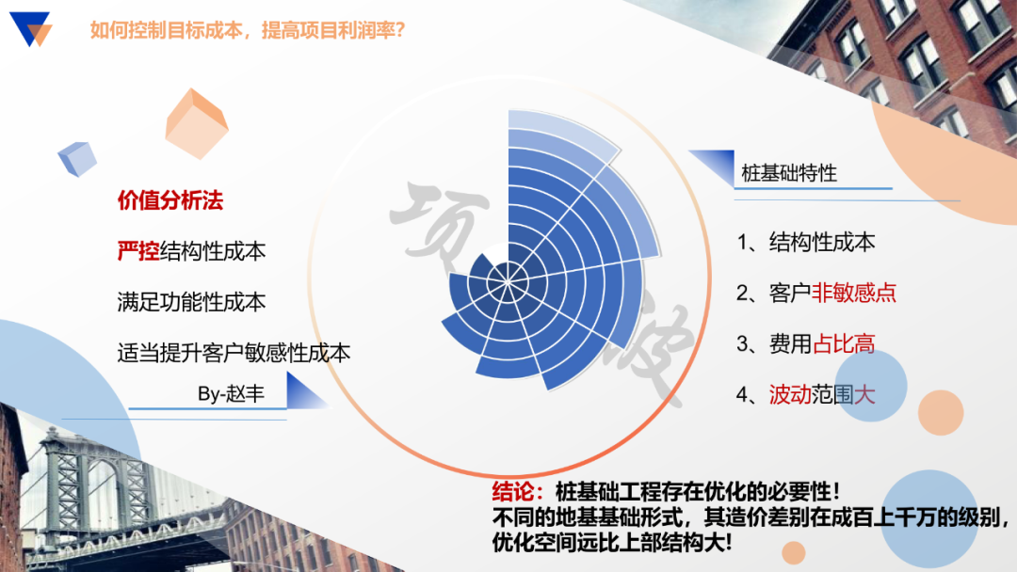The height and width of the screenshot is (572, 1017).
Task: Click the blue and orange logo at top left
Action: [30, 29]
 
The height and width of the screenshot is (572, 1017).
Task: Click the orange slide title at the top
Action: [247, 30]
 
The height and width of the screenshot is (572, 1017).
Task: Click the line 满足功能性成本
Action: [191, 302]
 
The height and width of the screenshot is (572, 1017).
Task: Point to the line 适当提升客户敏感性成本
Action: [234, 353]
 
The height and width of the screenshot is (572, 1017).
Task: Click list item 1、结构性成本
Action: [806, 242]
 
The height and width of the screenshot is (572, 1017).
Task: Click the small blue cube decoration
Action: [77, 159]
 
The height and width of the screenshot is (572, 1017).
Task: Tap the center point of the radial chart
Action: [508, 275]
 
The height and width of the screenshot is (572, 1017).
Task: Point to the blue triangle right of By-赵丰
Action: [306, 391]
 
